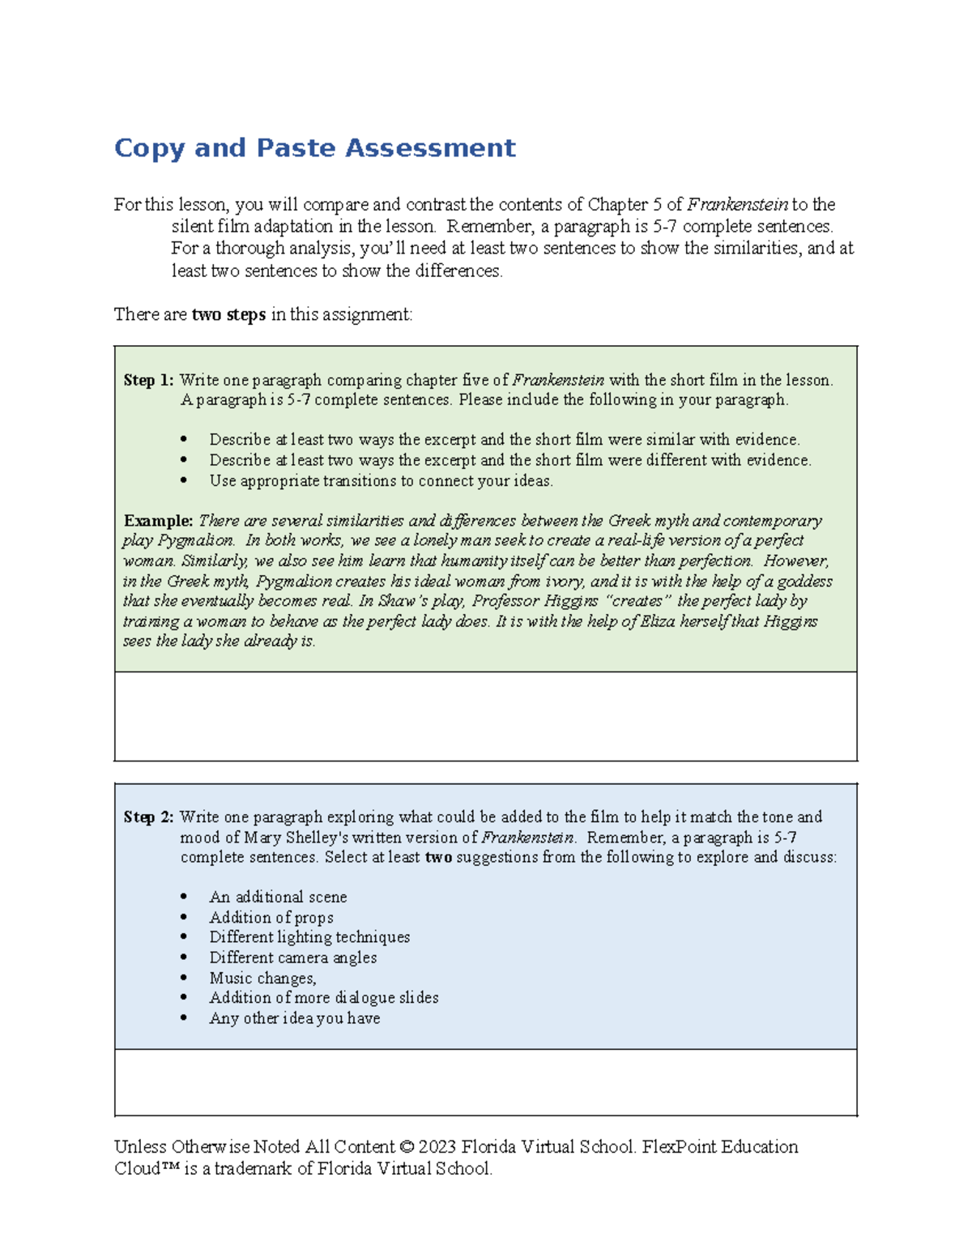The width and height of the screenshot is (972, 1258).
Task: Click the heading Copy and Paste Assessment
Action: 314,148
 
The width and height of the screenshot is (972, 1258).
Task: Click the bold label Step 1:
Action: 148,380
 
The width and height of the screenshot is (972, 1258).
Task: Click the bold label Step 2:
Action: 148,817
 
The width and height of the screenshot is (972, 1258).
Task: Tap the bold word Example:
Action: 158,521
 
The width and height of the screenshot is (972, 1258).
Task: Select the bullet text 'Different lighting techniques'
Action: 309,937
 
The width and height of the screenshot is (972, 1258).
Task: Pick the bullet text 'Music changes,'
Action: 262,978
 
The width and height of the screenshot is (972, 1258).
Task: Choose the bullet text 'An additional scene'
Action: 278,898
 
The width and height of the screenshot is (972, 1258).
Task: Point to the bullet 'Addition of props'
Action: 271,918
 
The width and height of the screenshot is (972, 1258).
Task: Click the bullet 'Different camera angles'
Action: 293,957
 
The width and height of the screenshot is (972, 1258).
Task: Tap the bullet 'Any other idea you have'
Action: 295,1018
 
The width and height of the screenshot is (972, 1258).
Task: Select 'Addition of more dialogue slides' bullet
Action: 324,998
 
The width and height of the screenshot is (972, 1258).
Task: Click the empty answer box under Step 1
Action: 486,716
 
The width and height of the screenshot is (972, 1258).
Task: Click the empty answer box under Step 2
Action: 486,1082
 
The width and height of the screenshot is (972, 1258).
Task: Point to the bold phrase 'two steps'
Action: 228,314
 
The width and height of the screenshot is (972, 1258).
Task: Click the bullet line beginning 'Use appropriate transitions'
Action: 381,481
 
